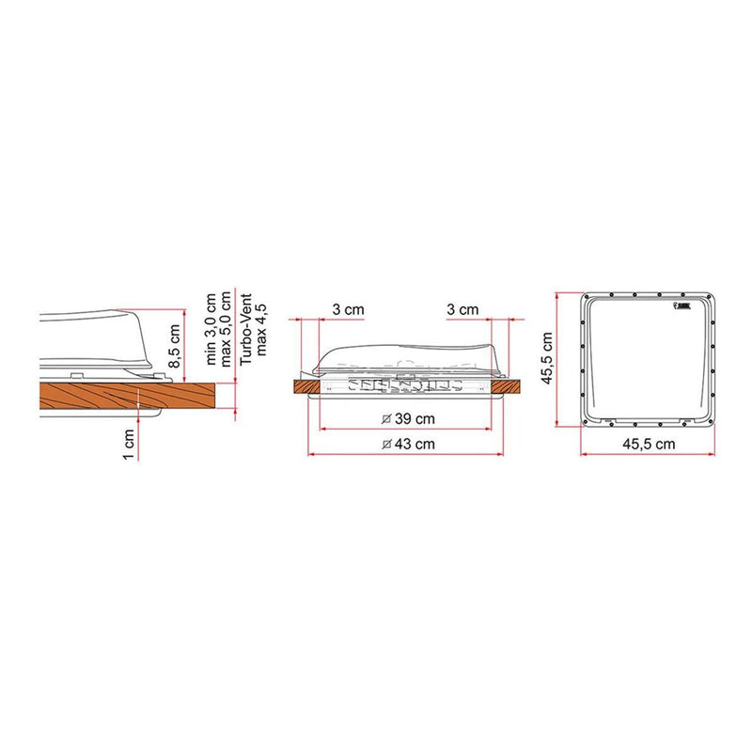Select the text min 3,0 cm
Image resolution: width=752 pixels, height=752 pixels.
tap(198, 330)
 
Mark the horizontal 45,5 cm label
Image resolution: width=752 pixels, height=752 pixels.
tap(651, 442)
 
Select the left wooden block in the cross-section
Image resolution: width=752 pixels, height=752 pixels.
tap(307, 386)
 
